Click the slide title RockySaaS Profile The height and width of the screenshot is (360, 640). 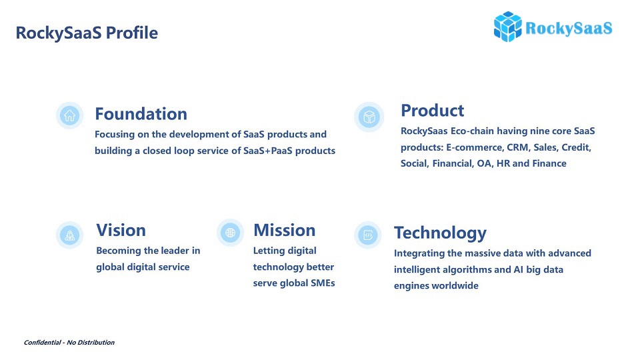pyautogui.click(x=87, y=33)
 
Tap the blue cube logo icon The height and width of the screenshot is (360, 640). pyautogui.click(x=507, y=27)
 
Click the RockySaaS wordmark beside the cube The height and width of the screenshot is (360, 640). pyautogui.click(x=569, y=28)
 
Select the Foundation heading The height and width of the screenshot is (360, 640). pyautogui.click(x=141, y=113)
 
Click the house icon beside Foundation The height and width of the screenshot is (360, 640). pyautogui.click(x=70, y=115)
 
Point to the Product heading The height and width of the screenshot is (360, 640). pyautogui.click(x=432, y=110)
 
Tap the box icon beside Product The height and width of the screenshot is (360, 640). pyautogui.click(x=369, y=117)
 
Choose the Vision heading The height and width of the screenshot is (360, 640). pyautogui.click(x=121, y=230)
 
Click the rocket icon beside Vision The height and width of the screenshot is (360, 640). pyautogui.click(x=70, y=235)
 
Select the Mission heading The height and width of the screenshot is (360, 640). pyautogui.click(x=284, y=230)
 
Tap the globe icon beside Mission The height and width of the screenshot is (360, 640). pyautogui.click(x=230, y=233)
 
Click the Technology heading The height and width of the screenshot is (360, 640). pyautogui.click(x=440, y=233)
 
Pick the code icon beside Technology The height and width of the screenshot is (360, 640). pyautogui.click(x=368, y=235)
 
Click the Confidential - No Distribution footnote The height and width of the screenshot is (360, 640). pyautogui.click(x=69, y=343)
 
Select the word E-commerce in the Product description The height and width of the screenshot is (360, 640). pyautogui.click(x=474, y=147)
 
